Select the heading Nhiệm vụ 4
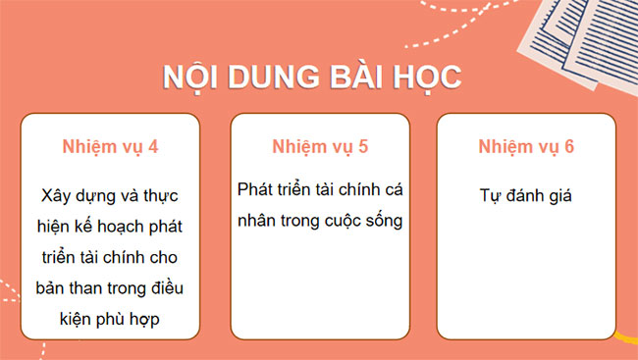110,147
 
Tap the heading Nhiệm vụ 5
320,147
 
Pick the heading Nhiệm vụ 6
527,147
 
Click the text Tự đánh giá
527,195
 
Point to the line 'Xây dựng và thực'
110,195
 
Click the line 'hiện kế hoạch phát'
110,227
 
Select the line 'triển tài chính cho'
110,258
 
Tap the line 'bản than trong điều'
110,288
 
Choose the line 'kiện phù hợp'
110,320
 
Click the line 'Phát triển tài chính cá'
320,186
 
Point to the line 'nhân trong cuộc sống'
320,219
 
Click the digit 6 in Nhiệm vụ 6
569,147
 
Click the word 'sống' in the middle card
383,220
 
